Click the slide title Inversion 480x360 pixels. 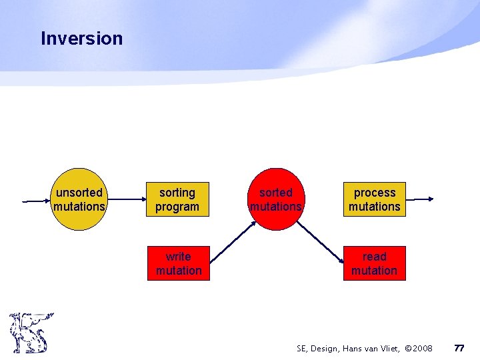pyautogui.click(x=81, y=39)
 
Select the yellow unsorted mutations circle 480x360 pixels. pyautogui.click(x=79, y=199)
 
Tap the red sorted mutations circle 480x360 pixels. pyautogui.click(x=275, y=199)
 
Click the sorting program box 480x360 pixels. pyautogui.click(x=177, y=199)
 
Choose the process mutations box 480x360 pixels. pyautogui.click(x=374, y=199)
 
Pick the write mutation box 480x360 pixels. pyautogui.click(x=178, y=263)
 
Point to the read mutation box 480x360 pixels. pyautogui.click(x=374, y=263)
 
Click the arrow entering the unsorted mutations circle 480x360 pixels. pyautogui.click(x=37, y=200)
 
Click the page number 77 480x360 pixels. pyautogui.click(x=459, y=348)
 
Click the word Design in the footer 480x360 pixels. pyautogui.click(x=326, y=349)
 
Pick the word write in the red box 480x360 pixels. pyautogui.click(x=178, y=257)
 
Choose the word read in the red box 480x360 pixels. pyautogui.click(x=374, y=257)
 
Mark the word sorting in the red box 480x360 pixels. pyautogui.click(x=177, y=193)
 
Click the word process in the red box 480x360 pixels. pyautogui.click(x=374, y=193)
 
